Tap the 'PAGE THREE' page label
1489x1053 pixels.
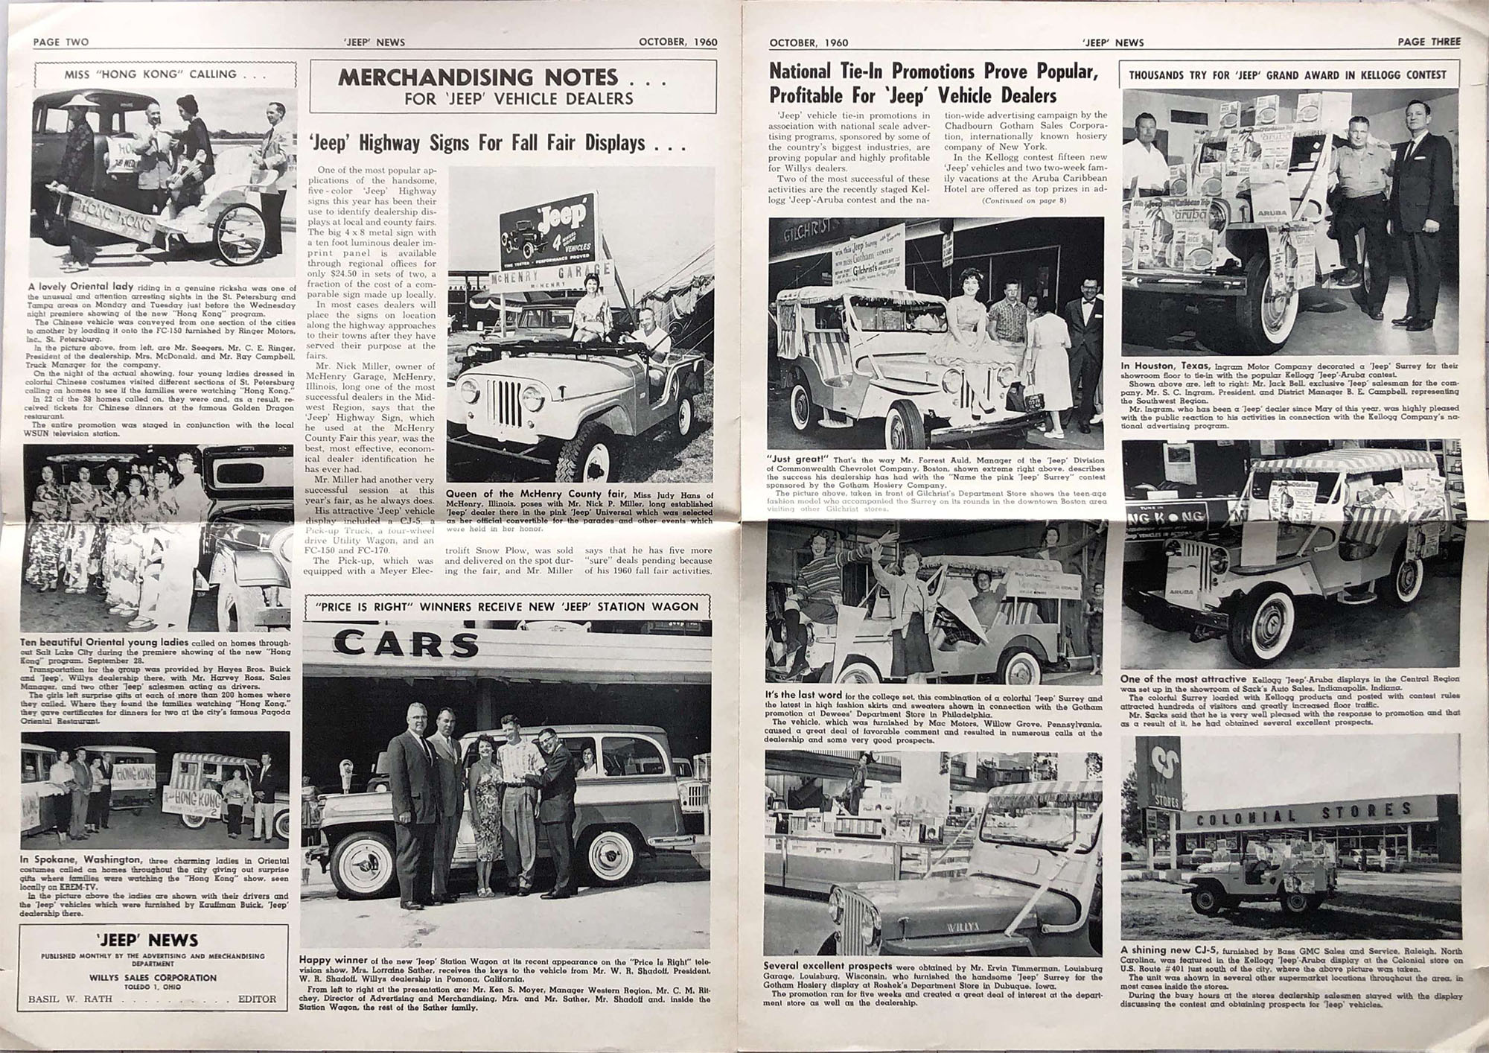[x=1429, y=42]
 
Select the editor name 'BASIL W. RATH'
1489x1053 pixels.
[x=70, y=999]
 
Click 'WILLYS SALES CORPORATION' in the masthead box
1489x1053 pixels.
[x=153, y=978]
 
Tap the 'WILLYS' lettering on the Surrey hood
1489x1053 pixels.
[x=940, y=928]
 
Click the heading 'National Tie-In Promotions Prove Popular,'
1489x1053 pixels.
[x=934, y=72]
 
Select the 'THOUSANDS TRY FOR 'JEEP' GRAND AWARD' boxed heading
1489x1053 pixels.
[x=1287, y=74]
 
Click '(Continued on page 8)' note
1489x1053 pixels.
[x=1024, y=201]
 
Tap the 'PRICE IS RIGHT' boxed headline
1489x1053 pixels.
[x=507, y=607]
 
